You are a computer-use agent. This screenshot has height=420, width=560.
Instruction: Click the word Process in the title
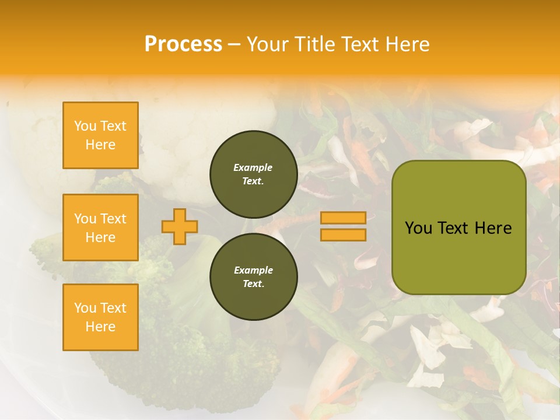click(183, 44)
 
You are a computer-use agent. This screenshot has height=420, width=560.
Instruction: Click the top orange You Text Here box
click(100, 135)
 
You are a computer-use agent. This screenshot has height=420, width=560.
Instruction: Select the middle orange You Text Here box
click(100, 228)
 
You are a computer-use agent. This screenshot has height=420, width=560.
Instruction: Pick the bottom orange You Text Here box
click(100, 317)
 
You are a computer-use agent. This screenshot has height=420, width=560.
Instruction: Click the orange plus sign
click(180, 226)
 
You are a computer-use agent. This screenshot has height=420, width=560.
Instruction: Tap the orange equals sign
click(343, 226)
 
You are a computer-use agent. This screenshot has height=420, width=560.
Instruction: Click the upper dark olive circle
click(253, 174)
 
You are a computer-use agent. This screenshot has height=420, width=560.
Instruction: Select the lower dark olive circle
click(253, 277)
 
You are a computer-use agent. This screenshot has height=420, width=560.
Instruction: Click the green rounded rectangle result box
click(459, 228)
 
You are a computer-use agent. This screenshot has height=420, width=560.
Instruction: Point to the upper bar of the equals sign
click(343, 218)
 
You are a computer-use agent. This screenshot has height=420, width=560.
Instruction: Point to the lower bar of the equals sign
click(343, 235)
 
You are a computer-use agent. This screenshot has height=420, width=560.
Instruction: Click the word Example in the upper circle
click(253, 167)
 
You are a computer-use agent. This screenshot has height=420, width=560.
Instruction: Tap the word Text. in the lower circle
click(253, 284)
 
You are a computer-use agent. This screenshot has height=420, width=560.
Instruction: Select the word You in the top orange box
click(85, 126)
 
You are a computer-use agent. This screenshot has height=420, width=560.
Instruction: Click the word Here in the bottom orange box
click(100, 327)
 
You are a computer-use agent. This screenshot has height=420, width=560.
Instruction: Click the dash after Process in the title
click(235, 45)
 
